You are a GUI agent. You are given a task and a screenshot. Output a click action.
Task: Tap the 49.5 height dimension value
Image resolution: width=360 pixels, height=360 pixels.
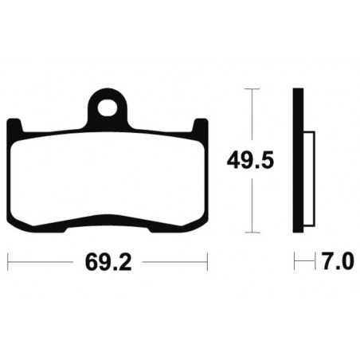click(x=252, y=161)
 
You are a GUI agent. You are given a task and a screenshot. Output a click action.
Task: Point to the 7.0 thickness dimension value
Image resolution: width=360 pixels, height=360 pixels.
click(x=334, y=260)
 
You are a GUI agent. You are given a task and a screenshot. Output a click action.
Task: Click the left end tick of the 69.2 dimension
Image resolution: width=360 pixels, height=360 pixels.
click(x=8, y=260)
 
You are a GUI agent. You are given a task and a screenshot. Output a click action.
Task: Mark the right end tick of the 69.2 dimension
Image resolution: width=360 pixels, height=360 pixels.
click(x=207, y=260)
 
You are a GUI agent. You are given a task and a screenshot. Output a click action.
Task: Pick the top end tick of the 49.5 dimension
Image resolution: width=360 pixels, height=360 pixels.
click(x=252, y=89)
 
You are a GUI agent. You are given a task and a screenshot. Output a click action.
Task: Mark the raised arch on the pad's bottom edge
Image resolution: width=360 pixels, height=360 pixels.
click(x=108, y=219)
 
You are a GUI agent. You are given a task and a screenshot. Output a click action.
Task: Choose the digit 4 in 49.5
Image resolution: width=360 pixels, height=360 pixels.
click(x=236, y=161)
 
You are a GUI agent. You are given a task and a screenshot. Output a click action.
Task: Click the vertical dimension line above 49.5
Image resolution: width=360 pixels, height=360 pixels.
click(x=252, y=119)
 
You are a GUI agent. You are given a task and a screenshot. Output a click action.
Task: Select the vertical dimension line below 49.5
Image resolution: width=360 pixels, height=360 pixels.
click(x=252, y=203)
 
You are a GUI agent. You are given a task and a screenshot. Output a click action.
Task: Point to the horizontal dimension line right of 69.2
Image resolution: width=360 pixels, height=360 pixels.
click(x=171, y=260)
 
